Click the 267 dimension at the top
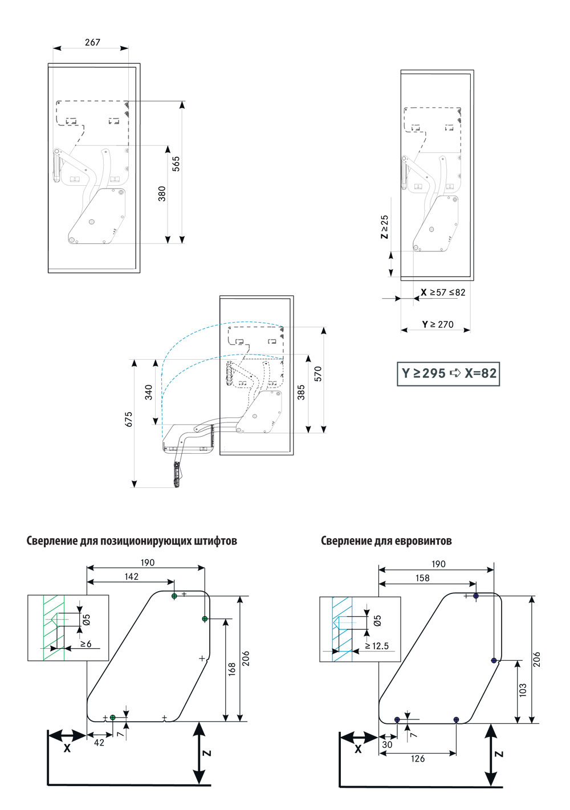coord(92,42)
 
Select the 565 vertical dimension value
coord(176,164)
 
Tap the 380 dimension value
coord(162,193)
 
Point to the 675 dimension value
coord(129,419)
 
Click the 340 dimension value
coord(148,392)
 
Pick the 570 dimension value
coord(318,373)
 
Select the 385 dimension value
coord(301,392)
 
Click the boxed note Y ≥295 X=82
coord(449,373)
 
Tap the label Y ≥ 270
coord(438,324)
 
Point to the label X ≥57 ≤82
coord(443,292)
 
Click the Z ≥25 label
coord(385,226)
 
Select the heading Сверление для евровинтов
coord(386,541)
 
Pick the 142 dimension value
coord(132,577)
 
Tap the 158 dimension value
coord(422,578)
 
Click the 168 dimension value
coord(232,669)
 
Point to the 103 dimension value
coord(523,690)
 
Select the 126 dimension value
coord(418,759)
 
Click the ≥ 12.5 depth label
coord(377,646)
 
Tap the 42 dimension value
coord(99,743)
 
